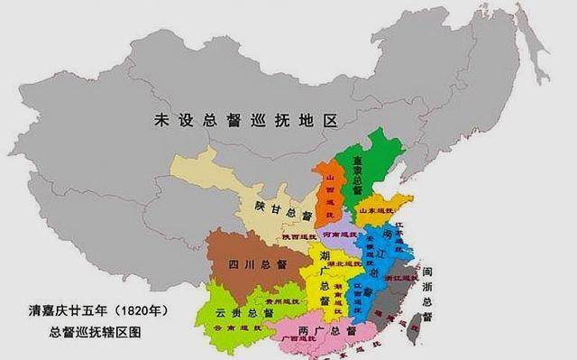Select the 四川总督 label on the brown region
point(257,264)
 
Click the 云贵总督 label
point(244,312)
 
